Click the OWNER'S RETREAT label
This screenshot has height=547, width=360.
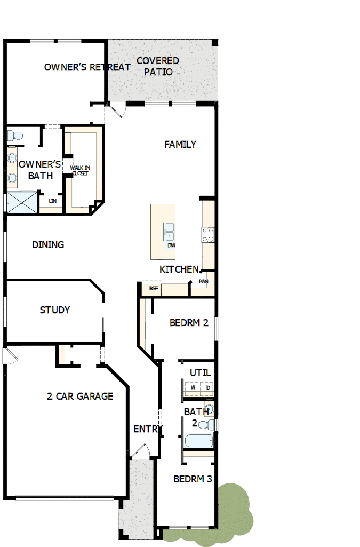pos(87,67)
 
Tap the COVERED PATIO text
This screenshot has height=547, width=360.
pos(158,66)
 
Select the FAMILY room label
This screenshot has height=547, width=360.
pos(180,144)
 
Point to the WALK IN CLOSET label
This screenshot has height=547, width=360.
pos(80,171)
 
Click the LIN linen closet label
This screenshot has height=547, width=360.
pos(52,201)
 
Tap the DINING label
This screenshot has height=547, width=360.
pos(48,245)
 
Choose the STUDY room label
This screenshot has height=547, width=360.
pos(55,310)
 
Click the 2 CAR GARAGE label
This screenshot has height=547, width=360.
pos(80,397)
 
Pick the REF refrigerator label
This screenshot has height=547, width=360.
pos(154,289)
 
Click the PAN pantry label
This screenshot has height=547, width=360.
pos(203,281)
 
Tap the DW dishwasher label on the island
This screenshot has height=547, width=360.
pos(171,245)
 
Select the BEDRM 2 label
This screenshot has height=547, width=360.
pos(189,323)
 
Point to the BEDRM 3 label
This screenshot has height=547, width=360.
pos(193,479)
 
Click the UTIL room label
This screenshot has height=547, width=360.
pos(200,373)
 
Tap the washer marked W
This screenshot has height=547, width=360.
pos(193,388)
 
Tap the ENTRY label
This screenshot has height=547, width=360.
pos(145,429)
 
